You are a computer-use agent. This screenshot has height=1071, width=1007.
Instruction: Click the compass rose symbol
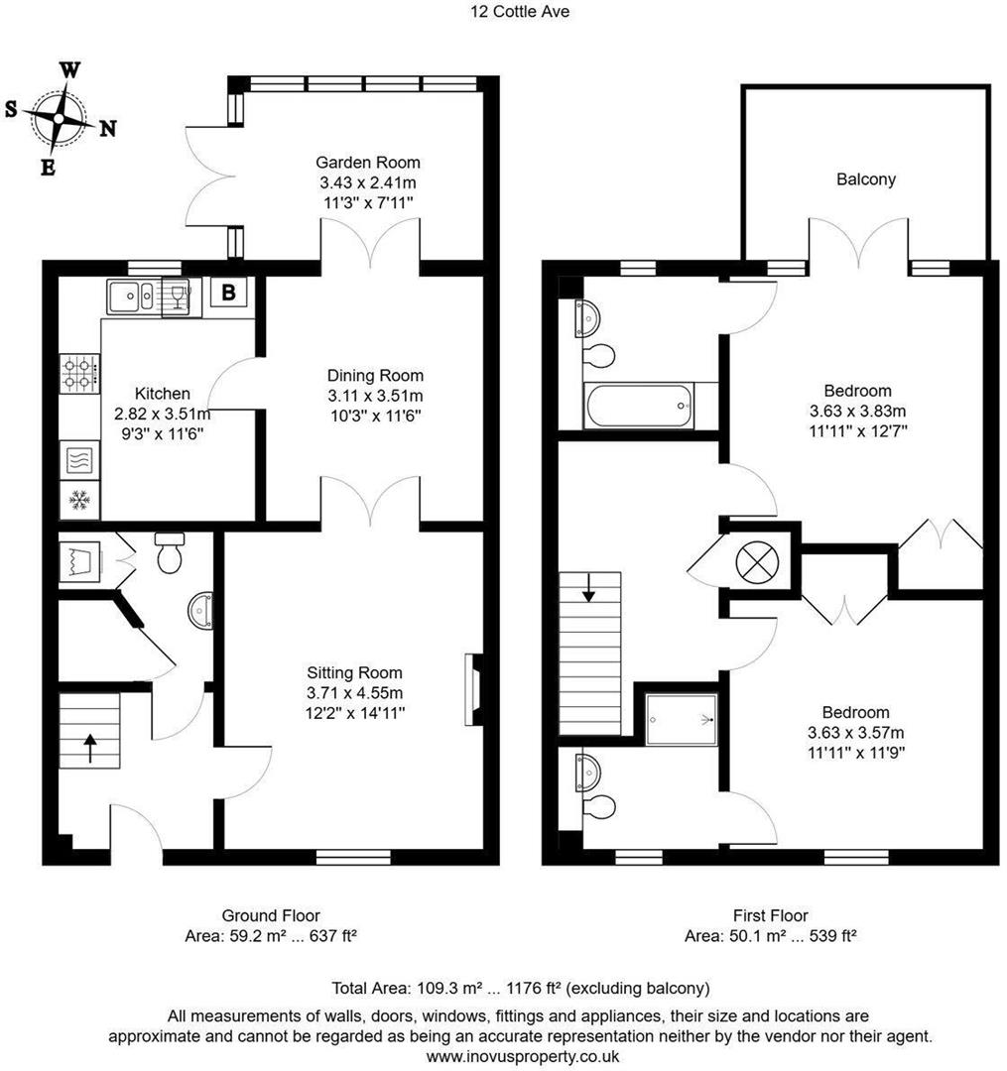[x=60, y=117]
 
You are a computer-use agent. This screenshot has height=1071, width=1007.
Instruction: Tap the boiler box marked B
[x=228, y=293]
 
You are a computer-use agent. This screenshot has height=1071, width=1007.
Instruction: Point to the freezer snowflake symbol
[x=79, y=501]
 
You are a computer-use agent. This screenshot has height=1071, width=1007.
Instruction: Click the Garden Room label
[x=367, y=163]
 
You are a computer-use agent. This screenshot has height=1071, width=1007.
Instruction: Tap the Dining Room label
[x=375, y=376]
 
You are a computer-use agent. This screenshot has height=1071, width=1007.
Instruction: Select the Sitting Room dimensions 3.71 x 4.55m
[x=355, y=692]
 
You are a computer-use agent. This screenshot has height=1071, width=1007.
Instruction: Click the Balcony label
[x=865, y=179]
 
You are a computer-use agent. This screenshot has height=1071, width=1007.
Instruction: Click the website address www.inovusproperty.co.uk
[x=522, y=1056]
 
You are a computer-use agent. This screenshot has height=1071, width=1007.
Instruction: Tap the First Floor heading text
[x=770, y=915]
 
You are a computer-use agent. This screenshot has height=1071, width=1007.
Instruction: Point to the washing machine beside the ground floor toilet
[x=80, y=562]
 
